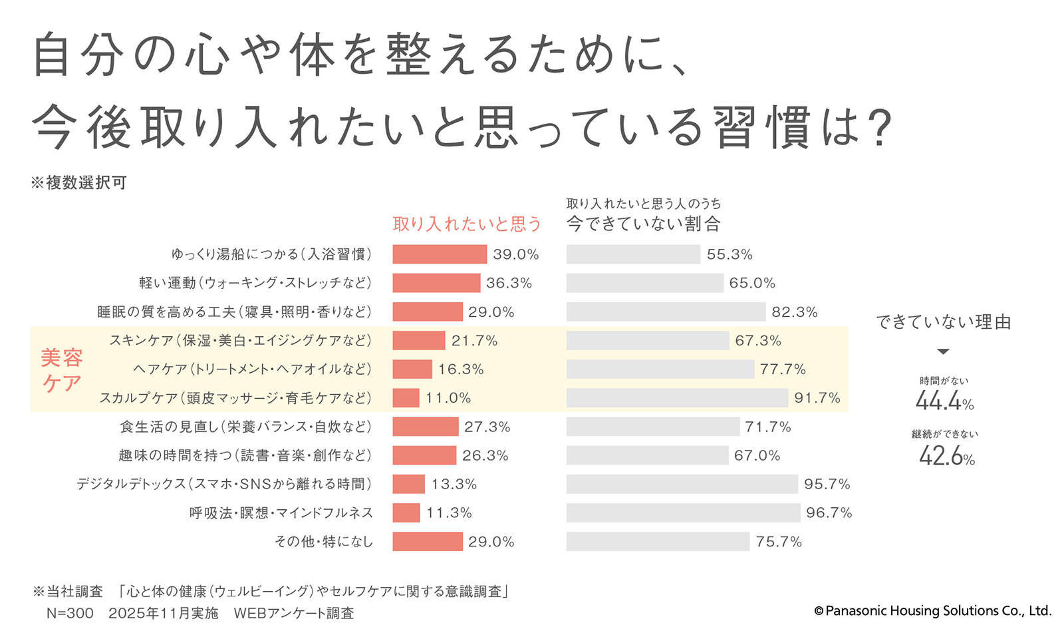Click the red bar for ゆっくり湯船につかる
(x=440, y=254)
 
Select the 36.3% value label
(x=509, y=283)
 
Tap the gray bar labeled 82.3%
(x=666, y=312)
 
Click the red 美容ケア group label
(x=62, y=370)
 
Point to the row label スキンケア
(x=240, y=340)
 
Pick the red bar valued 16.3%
(x=412, y=369)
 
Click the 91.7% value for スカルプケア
(x=817, y=398)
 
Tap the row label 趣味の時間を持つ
(x=245, y=455)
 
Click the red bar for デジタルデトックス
(x=408, y=484)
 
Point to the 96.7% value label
(x=829, y=513)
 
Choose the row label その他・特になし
(x=324, y=542)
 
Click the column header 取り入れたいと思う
(x=467, y=224)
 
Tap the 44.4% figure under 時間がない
(x=944, y=401)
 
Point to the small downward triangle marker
(x=943, y=351)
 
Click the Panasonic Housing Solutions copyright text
(x=932, y=610)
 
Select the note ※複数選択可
(x=78, y=182)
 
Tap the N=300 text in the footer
(x=70, y=613)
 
